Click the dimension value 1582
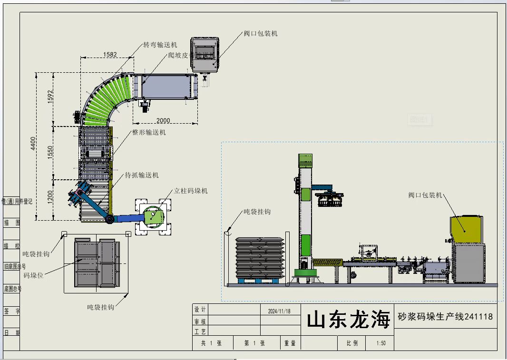[x=110, y=55]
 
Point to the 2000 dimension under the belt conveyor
[x=163, y=120]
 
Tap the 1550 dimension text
[x=50, y=153]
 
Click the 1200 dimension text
[x=50, y=196]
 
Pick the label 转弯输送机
[x=160, y=45]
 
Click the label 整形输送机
[x=149, y=133]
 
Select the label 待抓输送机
[x=142, y=175]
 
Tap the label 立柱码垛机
[x=191, y=191]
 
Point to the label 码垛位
[x=33, y=275]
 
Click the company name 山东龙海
[x=348, y=320]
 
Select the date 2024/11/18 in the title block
[x=279, y=311]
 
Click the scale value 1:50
[x=381, y=343]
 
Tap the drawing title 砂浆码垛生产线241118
[x=445, y=317]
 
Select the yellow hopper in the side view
[x=467, y=230]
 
